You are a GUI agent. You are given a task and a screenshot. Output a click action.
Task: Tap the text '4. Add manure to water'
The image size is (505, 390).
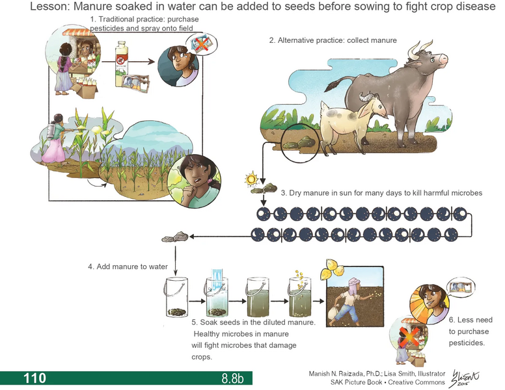click(128, 266)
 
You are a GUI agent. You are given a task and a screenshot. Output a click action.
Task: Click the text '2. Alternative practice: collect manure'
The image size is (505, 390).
click(333, 40)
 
